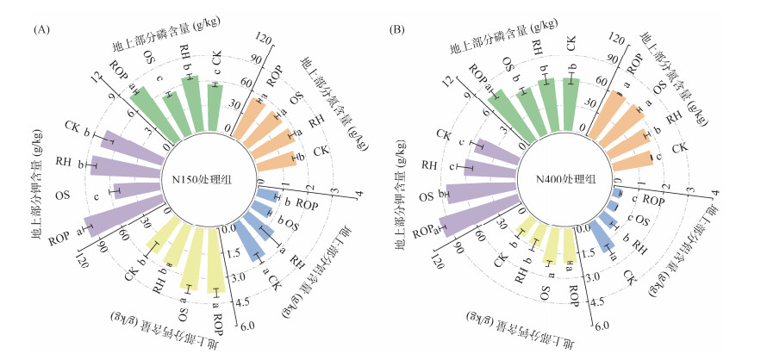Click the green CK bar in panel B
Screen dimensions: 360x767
click(570, 103)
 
